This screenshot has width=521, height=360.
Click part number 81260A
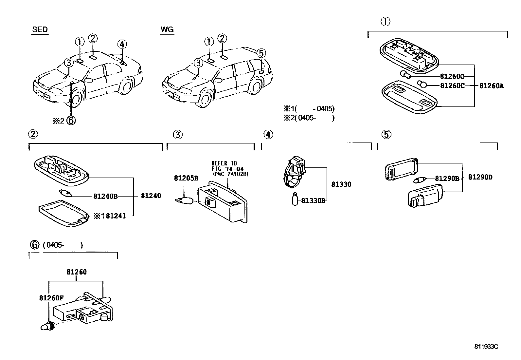(x=491, y=86)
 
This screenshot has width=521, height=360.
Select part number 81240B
(x=105, y=196)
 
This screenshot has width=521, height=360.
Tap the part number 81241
(x=116, y=216)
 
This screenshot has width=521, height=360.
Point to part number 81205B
(x=186, y=178)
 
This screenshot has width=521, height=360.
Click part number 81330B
(x=313, y=200)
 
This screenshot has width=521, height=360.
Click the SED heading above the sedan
(x=40, y=29)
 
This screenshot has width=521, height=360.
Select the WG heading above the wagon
(x=167, y=29)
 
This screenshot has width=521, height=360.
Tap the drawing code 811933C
(x=487, y=347)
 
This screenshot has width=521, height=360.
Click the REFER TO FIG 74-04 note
(x=229, y=169)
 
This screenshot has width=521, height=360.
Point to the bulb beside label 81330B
(x=295, y=199)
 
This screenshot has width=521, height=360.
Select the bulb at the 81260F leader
(x=48, y=326)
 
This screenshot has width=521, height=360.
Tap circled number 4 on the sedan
(x=121, y=44)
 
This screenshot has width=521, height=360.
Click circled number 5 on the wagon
(x=260, y=53)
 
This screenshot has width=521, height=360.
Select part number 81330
(x=341, y=184)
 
